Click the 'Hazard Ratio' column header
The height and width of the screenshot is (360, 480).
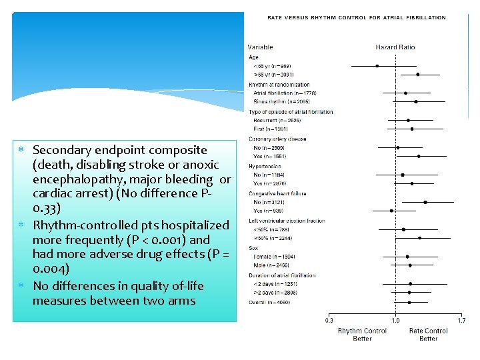[x=395, y=47]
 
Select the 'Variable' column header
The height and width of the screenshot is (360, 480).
[x=260, y=47]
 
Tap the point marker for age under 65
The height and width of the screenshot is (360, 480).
[x=377, y=66]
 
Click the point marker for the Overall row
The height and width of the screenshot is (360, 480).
[x=409, y=302]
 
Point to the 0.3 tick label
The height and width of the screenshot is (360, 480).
[x=329, y=320]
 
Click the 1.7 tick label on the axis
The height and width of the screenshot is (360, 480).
[x=461, y=320]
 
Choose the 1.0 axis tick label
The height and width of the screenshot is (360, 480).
[x=395, y=320]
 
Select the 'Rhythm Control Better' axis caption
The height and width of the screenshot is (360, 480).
[x=362, y=334]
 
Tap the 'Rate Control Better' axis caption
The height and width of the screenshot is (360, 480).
[x=428, y=334]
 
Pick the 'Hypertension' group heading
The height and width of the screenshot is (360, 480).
[x=265, y=166]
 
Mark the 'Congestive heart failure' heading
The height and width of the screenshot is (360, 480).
[x=277, y=193]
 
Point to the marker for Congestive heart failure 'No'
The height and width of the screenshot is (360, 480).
[x=425, y=202]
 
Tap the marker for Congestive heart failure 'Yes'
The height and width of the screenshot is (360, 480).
[x=391, y=211]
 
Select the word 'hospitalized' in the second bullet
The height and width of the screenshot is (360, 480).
[x=198, y=225]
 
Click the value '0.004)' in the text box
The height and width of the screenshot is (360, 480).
[x=50, y=269]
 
